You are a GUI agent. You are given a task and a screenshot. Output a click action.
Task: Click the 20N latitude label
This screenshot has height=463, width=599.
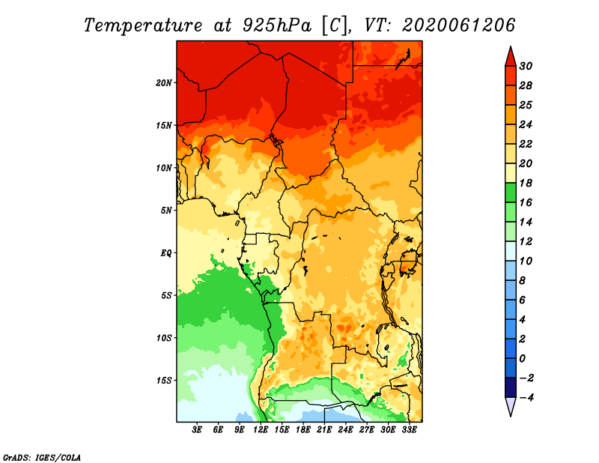tap(163, 82)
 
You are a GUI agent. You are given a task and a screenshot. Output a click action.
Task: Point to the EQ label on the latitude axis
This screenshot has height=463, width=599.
tap(165, 252)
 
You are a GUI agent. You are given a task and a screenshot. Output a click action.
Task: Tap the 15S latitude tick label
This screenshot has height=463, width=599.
tap(163, 381)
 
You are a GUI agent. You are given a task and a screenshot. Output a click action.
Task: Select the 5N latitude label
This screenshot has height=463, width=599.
tap(165, 211)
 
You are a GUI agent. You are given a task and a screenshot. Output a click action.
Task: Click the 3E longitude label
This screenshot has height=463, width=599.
tap(197, 430)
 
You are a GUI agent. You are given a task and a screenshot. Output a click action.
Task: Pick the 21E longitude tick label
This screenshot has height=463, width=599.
tap(324, 430)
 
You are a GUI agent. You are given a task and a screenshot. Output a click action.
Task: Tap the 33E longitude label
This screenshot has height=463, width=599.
tap(409, 430)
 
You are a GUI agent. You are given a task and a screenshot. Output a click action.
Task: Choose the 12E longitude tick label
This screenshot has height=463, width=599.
tap(261, 430)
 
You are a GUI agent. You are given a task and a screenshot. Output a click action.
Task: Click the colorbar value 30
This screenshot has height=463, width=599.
tap(526, 66)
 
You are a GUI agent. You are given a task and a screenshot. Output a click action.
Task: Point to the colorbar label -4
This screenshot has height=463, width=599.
tap(526, 398)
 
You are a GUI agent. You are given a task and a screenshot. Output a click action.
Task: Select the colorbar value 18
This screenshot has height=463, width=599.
tap(526, 183)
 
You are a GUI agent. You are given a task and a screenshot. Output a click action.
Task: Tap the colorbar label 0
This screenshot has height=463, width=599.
tap(522, 359)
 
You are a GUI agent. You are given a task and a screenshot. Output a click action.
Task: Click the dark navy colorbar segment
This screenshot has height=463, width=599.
tap(511, 387)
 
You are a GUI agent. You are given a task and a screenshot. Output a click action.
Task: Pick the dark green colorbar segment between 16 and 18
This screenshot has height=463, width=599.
tap(511, 193)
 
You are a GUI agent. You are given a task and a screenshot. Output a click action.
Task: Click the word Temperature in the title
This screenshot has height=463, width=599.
tap(143, 25)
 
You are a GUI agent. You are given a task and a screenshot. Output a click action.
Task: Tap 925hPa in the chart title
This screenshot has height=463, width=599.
tap(277, 25)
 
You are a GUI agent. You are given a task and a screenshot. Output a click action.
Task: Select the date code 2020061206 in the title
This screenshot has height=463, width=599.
tap(459, 25)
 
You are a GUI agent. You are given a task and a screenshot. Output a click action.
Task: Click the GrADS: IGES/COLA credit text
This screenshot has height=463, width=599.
tap(42, 457)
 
